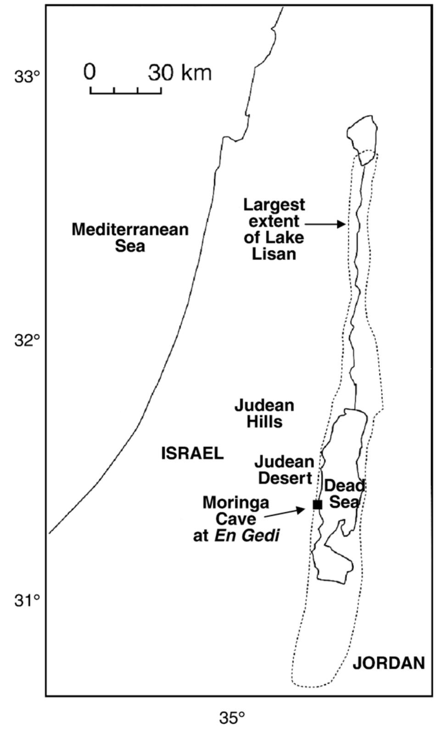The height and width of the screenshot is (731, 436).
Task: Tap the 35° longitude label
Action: point(232,717)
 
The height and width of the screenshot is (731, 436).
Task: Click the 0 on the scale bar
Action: point(90,72)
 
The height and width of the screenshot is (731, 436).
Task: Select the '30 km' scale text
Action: point(180,72)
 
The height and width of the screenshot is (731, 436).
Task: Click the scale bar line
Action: point(125,93)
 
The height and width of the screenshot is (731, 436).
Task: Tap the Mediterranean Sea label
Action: point(130,238)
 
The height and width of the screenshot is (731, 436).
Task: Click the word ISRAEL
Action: point(192,454)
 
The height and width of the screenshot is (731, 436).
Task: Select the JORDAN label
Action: point(388,663)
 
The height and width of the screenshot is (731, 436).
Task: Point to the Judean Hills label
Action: point(264,413)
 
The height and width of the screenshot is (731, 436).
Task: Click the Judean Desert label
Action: point(285,470)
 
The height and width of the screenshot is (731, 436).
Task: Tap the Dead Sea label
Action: point(345,493)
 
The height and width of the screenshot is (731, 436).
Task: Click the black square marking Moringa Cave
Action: point(317,504)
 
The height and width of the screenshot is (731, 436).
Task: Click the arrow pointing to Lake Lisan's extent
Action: point(325,224)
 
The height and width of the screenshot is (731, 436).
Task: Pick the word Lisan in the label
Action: point(274,254)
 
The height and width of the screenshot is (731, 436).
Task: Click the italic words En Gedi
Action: point(247,536)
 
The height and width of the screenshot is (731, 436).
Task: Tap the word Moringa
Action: point(236,503)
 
